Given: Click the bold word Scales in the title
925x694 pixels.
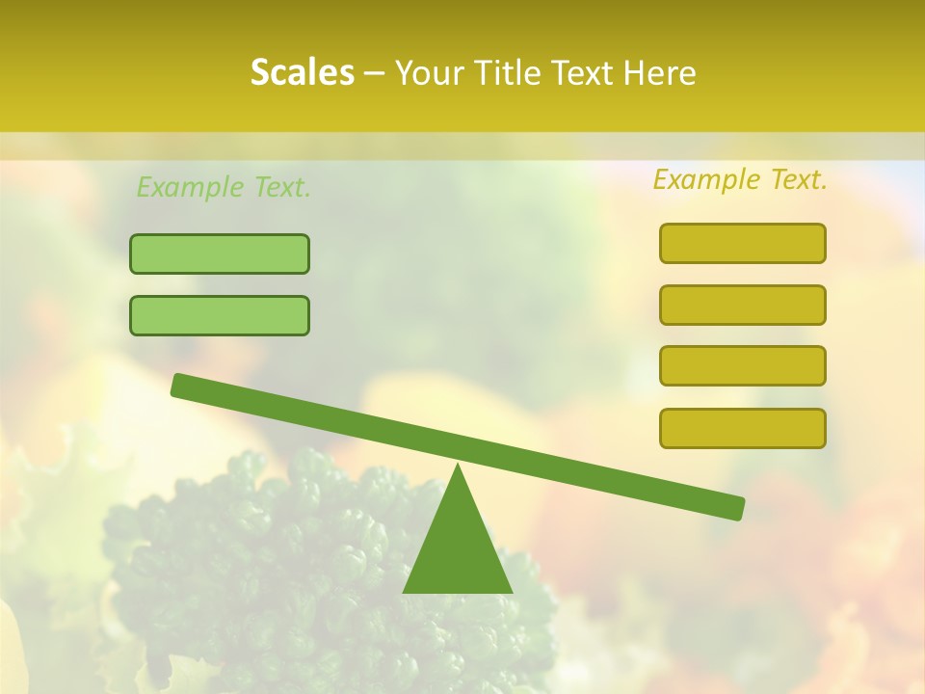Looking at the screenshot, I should click(302, 72).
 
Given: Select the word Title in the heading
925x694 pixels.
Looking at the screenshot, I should click(509, 72).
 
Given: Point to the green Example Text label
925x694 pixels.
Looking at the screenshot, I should click(224, 187).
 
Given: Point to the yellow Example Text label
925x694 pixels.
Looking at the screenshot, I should click(740, 179).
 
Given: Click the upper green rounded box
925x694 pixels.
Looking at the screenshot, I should click(220, 254).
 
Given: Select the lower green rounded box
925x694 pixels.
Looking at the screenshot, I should click(220, 315).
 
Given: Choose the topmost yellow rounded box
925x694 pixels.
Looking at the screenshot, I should click(742, 243).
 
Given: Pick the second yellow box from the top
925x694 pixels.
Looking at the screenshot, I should click(742, 305).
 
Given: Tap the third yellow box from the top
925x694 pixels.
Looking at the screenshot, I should click(742, 365).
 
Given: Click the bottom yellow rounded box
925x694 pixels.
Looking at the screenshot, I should click(742, 428).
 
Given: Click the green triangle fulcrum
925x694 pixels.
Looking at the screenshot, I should click(458, 549).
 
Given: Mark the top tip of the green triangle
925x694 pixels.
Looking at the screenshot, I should click(458, 467).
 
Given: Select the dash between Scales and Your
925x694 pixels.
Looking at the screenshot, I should click(375, 73).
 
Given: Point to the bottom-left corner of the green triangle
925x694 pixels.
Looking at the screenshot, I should click(405, 591).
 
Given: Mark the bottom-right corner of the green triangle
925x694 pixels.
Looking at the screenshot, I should click(511, 591).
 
